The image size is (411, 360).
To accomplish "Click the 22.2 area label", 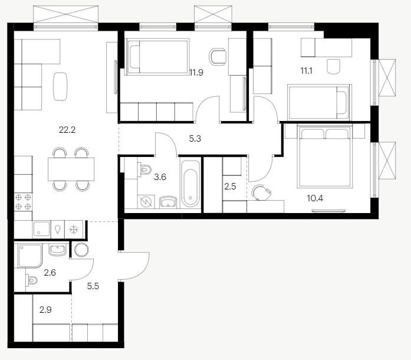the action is [67, 130].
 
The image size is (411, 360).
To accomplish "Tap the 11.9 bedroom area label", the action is [196, 72].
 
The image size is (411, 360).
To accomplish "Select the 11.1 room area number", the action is [306, 71].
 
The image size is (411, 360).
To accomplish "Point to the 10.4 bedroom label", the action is [315, 198].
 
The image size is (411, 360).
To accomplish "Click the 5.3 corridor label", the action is [195, 138].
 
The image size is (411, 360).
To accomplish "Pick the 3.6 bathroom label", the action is [160, 177].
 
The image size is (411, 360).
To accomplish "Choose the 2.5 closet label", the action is [230, 186].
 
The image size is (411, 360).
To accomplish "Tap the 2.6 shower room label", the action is [50, 273].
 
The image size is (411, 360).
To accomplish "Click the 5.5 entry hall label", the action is [93, 286].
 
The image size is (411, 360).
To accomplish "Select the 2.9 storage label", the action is [45, 310].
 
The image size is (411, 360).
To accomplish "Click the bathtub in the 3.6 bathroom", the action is [190, 184].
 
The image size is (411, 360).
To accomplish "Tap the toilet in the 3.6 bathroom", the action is [144, 169].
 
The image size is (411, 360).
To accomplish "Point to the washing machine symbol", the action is [146, 201].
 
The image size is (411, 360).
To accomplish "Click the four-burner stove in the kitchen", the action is [23, 202].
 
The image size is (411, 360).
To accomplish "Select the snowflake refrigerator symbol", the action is [74, 230].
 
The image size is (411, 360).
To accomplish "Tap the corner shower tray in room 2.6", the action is [29, 256].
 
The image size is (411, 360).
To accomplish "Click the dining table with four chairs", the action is [71, 169].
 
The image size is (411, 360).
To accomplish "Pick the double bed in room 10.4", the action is [324, 157].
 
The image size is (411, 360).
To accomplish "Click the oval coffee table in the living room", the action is [60, 86].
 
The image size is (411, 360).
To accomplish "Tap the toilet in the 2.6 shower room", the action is [32, 280].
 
